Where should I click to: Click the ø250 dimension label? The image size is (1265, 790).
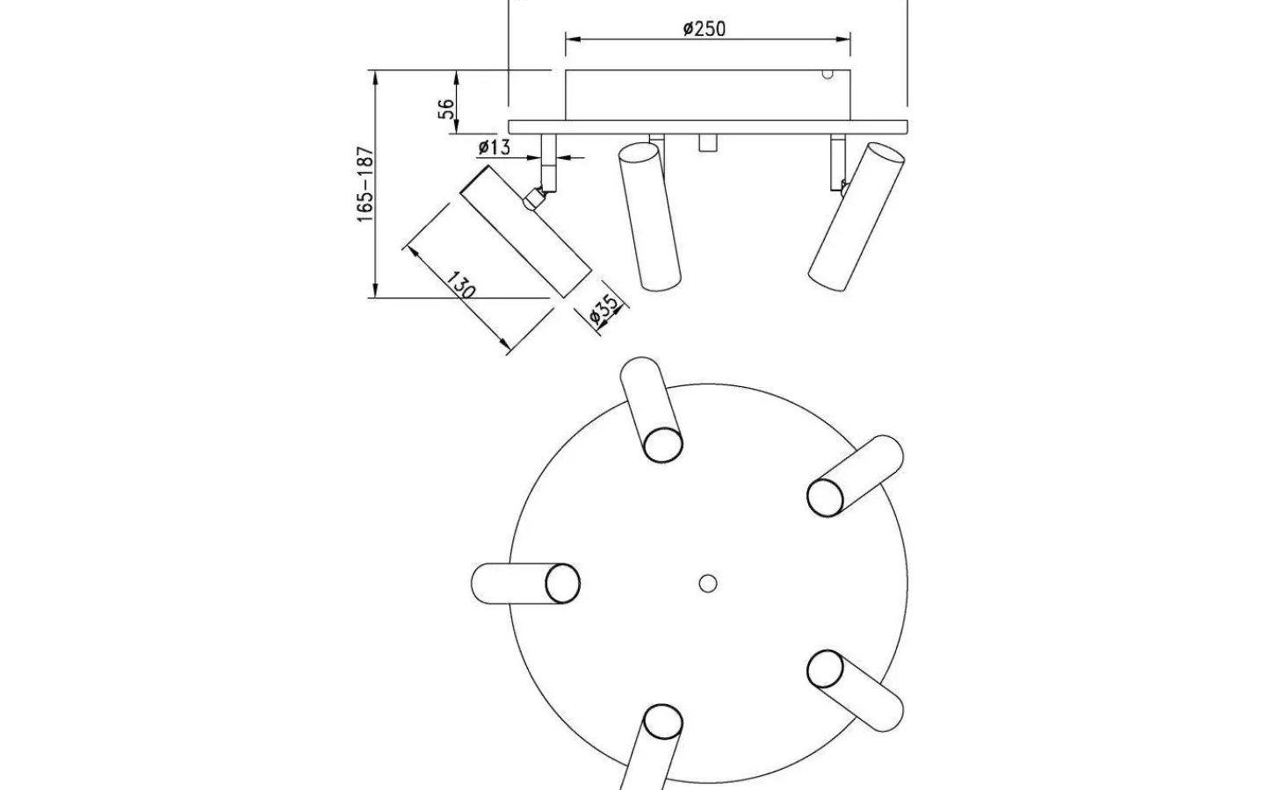[x=704, y=29]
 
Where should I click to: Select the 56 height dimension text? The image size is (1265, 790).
[x=446, y=109]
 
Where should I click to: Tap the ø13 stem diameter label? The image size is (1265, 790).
[x=494, y=147]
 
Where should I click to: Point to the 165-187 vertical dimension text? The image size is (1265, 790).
[x=365, y=184]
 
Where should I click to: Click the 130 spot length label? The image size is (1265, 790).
[x=461, y=285]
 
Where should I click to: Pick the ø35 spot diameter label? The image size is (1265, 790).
[x=604, y=310]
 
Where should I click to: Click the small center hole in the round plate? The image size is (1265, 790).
[x=708, y=584]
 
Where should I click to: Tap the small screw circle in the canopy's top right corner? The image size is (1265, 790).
[x=828, y=74]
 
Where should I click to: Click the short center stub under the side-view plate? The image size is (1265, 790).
[x=708, y=143]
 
